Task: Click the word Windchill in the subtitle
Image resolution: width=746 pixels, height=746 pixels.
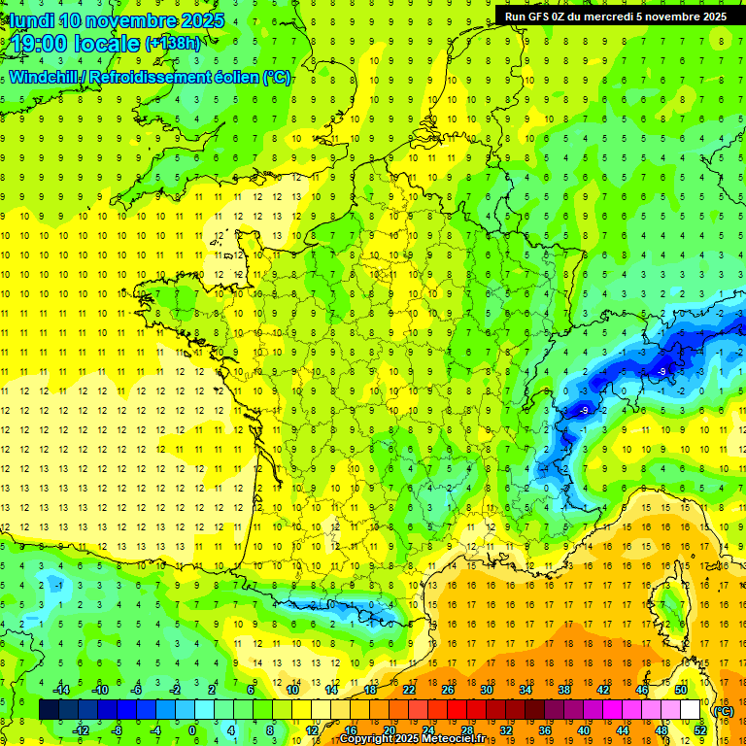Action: pyautogui.click(x=45, y=77)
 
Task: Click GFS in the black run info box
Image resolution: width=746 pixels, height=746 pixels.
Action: pyautogui.click(x=541, y=16)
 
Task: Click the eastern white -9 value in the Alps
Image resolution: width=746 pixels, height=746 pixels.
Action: pyautogui.click(x=661, y=371)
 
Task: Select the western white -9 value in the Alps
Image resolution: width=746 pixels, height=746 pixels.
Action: pyautogui.click(x=583, y=411)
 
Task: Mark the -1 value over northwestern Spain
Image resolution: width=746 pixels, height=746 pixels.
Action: pyautogui.click(x=60, y=585)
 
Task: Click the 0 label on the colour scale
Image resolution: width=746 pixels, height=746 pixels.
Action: pyautogui.click(x=191, y=729)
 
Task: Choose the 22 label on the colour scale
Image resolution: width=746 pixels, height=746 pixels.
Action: pyautogui.click(x=408, y=690)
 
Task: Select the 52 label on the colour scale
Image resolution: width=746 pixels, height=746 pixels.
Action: pyautogui.click(x=699, y=729)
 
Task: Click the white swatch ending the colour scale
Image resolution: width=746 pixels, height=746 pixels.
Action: pyautogui.click(x=690, y=709)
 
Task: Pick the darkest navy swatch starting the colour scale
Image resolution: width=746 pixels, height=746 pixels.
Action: pyautogui.click(x=49, y=709)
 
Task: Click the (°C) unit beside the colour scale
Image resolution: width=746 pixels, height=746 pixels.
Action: pyautogui.click(x=723, y=710)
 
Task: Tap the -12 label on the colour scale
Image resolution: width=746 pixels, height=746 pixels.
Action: pyautogui.click(x=81, y=729)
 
